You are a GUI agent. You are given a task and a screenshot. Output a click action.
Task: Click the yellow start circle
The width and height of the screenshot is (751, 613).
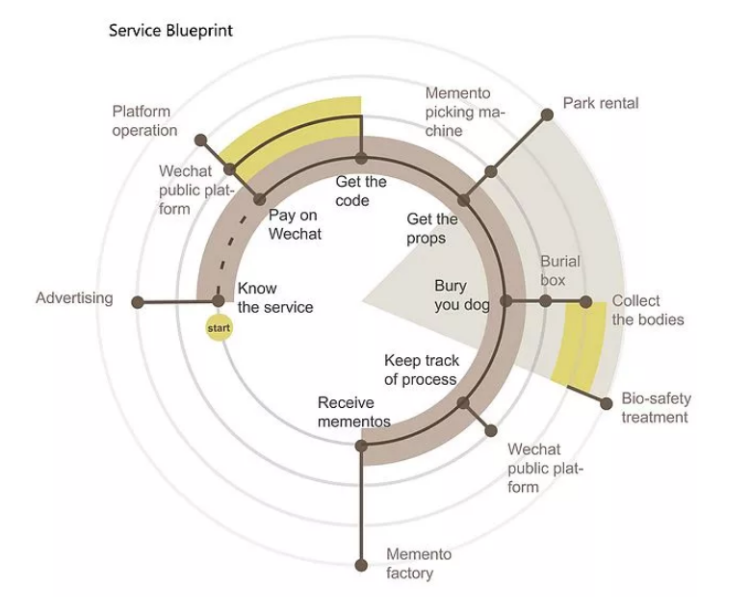[220, 329]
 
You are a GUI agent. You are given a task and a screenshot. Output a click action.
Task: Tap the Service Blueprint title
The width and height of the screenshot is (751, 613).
[170, 31]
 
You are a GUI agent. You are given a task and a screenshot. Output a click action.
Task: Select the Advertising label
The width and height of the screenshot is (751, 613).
[74, 298]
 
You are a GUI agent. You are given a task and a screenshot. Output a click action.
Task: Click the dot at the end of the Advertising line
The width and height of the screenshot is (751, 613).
[137, 302]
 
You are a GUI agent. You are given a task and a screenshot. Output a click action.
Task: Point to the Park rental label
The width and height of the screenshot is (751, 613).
[601, 103]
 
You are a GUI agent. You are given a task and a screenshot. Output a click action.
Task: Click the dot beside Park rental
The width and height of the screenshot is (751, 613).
[547, 115]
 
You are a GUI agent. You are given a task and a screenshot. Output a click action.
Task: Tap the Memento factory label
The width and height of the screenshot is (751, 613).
[418, 564]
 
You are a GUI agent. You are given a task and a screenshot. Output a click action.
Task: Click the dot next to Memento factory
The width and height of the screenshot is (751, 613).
[361, 565]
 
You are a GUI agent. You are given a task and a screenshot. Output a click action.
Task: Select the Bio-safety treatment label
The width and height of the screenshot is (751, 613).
[655, 408]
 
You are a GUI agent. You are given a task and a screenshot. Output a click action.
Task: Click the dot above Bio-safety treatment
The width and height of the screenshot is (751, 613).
[607, 404]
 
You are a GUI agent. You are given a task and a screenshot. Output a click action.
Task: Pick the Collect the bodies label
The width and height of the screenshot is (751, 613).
[647, 310]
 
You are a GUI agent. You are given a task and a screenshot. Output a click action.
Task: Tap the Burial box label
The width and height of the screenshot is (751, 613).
[559, 270]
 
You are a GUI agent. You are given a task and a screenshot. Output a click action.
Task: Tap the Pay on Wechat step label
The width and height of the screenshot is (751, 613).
[295, 224]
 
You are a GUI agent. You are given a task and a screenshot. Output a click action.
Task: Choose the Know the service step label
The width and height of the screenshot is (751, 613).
[275, 297]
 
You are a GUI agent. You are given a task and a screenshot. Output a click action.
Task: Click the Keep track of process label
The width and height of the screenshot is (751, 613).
[422, 370]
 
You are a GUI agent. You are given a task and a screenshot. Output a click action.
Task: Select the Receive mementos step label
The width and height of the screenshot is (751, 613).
[354, 412]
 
